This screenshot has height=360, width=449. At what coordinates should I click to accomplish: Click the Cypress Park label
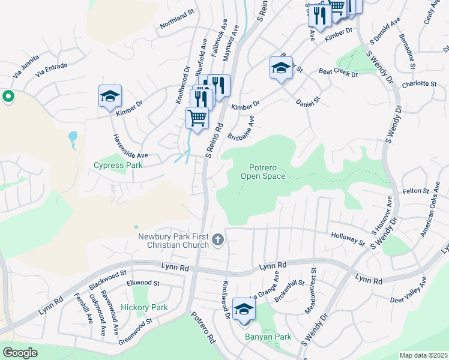tap(118, 165)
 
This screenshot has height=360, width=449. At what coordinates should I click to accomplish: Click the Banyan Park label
tap(268, 337)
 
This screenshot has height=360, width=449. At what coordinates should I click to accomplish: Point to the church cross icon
tap(218, 240)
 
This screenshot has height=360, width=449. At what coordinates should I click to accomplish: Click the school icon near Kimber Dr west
tap(110, 97)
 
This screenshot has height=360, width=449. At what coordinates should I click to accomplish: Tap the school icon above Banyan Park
tap(244, 309)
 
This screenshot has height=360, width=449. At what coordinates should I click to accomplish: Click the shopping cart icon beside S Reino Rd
tap(196, 118)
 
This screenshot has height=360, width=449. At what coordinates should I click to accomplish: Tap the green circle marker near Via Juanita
tap(8, 96)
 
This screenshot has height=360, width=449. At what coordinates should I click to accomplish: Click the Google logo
tap(20, 353)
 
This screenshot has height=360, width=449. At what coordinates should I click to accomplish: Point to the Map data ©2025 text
tap(423, 355)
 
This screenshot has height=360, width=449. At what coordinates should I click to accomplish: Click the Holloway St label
tap(348, 238)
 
